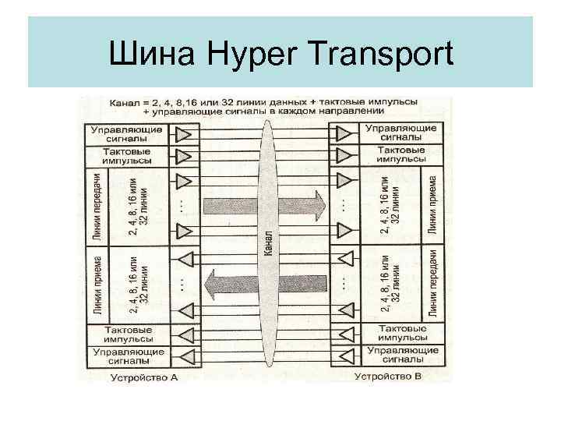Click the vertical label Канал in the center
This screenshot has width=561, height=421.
point(268,245)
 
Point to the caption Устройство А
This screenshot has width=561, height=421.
point(147,377)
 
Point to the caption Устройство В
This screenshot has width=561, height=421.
point(387,377)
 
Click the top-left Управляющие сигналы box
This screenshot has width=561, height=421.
point(128,133)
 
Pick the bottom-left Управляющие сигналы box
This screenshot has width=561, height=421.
point(128,356)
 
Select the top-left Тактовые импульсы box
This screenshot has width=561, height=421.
point(128,154)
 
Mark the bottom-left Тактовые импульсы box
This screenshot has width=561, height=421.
point(128,334)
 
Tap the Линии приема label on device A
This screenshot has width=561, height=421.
point(97,285)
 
